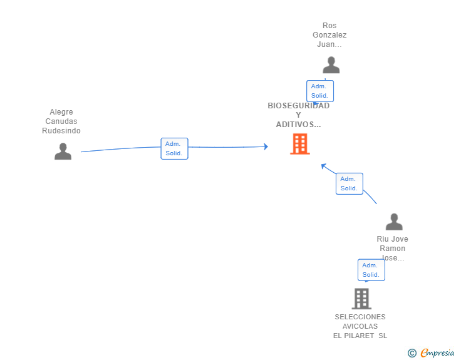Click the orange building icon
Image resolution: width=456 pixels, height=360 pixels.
click(300, 144)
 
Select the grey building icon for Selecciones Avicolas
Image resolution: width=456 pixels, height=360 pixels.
click(361, 299)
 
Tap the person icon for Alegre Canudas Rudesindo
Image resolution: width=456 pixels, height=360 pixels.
click(63, 152)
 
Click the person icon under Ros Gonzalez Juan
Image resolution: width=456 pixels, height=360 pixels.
click(331, 65)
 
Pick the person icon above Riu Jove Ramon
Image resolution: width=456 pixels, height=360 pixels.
click(394, 222)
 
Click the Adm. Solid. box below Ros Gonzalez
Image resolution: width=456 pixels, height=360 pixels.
click(319, 91)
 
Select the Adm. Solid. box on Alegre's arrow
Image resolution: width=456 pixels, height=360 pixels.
click(174, 148)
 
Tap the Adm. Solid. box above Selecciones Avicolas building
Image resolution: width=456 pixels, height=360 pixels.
click(371, 270)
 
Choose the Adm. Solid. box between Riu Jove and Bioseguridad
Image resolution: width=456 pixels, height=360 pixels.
click(349, 183)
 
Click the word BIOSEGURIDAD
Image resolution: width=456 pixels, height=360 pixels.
click(298, 106)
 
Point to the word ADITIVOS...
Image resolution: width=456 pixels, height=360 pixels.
click(298, 125)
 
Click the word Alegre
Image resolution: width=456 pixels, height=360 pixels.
click(61, 112)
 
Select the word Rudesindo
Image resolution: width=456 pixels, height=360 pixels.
click(61, 131)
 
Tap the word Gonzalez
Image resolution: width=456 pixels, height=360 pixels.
click(329, 35)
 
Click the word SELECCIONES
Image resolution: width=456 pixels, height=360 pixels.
click(360, 317)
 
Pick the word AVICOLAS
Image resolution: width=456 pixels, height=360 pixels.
click(360, 326)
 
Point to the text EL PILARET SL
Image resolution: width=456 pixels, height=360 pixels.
click(360, 336)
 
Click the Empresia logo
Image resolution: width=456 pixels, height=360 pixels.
click(437, 353)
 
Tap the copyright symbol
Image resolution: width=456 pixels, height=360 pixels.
click(412, 353)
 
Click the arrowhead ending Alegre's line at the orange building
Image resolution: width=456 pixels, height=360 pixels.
click(266, 147)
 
